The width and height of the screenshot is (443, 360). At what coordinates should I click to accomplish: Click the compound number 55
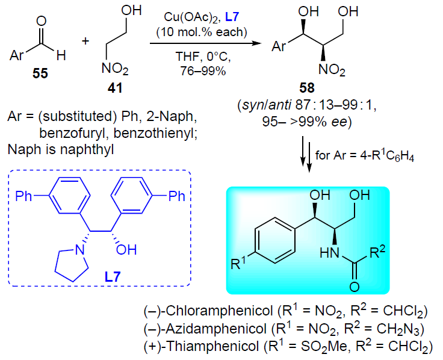point(40,73)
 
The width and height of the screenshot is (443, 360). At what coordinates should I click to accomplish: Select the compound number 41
point(115,88)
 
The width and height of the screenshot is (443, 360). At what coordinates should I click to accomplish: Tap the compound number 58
point(307,88)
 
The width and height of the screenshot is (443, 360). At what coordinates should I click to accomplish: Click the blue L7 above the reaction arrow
point(232,17)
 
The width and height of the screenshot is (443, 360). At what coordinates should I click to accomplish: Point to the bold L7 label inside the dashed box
point(113,277)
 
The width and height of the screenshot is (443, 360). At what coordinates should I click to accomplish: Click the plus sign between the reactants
point(85,42)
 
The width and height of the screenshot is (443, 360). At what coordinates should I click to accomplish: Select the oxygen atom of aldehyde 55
point(42,21)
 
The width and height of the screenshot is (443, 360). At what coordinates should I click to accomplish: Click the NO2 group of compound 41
point(115,69)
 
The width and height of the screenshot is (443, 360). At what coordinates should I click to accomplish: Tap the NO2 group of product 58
point(332,69)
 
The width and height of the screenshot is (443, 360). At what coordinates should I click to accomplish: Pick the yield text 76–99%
point(203,71)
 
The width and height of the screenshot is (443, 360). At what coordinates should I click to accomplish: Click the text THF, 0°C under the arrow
point(203,57)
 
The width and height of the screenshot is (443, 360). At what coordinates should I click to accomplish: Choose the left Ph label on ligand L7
point(23,196)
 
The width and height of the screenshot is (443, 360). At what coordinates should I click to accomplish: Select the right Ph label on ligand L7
point(176,196)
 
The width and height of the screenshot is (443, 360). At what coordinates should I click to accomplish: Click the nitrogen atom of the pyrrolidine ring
point(80,250)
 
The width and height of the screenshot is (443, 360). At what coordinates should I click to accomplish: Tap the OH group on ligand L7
point(126,250)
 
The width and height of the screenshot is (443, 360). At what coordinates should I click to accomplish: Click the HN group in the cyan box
point(329,253)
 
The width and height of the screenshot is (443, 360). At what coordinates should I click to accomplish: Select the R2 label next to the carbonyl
point(377,252)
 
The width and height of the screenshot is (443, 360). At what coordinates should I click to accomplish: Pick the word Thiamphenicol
point(212,346)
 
